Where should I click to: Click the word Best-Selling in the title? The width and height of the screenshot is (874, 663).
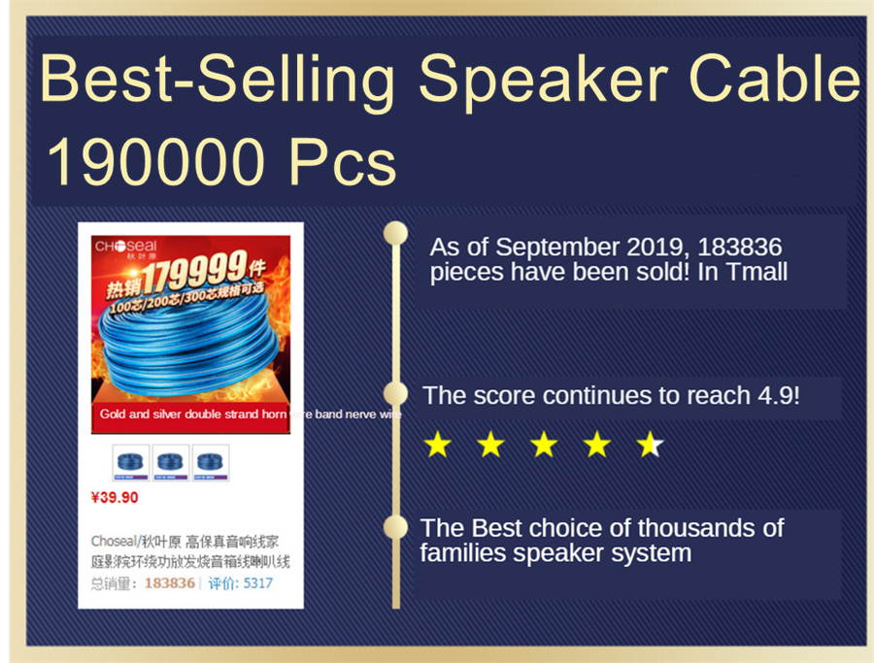pos(217,80)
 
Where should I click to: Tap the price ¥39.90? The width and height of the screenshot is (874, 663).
pos(115,498)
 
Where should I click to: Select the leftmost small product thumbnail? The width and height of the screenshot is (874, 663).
pos(131,462)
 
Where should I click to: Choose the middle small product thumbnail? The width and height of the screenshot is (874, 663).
pos(171,462)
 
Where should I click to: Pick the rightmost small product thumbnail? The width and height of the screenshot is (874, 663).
pos(211,462)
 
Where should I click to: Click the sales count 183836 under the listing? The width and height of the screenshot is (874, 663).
pos(169,583)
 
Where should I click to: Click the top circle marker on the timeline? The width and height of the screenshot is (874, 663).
pos(395,233)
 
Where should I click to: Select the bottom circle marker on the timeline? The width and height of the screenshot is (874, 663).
pos(395,527)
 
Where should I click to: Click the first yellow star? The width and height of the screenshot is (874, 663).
pos(438,445)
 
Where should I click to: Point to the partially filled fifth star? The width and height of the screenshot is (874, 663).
pos(650,445)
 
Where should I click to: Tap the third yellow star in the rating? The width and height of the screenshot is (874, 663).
pos(544,445)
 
